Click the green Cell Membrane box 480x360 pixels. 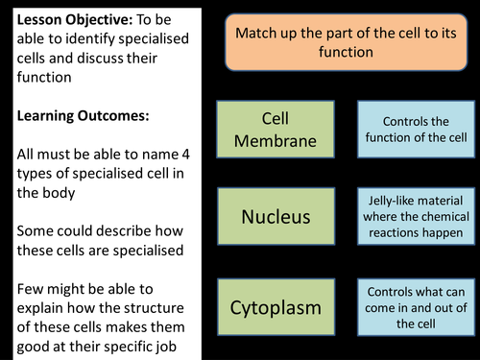point(276,131)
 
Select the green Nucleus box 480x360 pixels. point(276,216)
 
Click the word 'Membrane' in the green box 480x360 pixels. point(276,141)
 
